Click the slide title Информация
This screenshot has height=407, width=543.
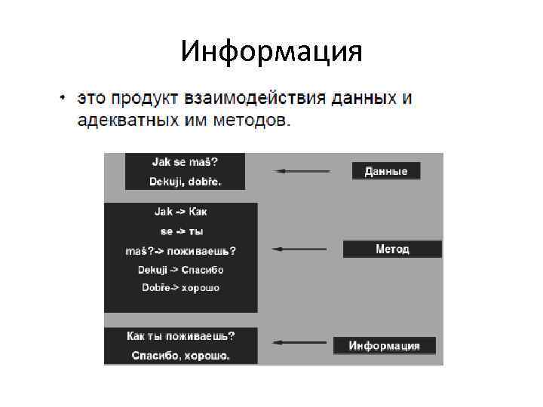(271, 52)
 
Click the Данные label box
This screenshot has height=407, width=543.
(386, 171)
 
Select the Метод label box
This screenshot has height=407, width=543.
(392, 249)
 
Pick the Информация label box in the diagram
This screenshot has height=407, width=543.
(385, 346)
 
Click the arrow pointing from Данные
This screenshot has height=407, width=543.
(302, 171)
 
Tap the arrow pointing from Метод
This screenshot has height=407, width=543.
(299, 248)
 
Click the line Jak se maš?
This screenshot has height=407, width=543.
(184, 162)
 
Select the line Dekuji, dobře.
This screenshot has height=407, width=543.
(185, 182)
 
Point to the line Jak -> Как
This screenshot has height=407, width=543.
(181, 212)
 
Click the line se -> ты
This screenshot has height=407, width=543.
(181, 231)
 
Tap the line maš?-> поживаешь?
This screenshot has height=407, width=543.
(180, 250)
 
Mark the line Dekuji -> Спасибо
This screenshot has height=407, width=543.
(180, 269)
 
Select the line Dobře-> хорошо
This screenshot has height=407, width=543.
(180, 288)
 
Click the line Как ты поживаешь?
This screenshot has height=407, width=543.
(180, 336)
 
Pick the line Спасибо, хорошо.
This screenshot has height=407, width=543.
(180, 355)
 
